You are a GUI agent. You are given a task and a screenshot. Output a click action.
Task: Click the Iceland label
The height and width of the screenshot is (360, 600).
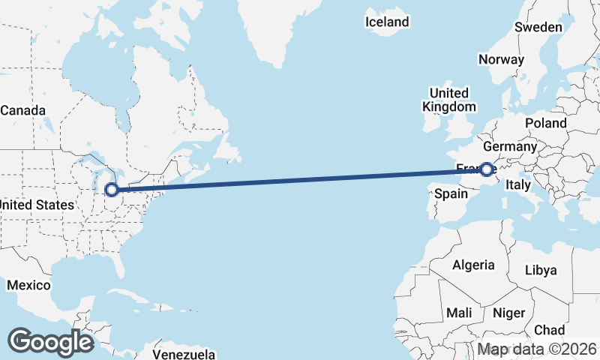387,22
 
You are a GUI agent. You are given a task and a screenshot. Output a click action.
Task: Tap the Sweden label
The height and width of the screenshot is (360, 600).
538,27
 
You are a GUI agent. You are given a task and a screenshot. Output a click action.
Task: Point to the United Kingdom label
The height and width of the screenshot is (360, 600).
448,100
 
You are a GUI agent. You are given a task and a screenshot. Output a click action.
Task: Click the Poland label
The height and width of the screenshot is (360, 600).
546,122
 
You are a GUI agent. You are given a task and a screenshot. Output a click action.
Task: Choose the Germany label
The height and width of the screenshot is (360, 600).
510,146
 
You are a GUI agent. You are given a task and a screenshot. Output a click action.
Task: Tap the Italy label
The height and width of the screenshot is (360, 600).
518,184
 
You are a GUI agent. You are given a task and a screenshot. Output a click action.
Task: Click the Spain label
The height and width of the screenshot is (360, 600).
451,194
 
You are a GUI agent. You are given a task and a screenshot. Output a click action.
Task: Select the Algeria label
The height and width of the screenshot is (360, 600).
473,265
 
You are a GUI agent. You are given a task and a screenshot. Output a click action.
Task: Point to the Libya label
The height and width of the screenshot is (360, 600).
541,270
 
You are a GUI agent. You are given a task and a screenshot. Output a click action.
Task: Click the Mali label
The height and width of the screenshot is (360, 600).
458,312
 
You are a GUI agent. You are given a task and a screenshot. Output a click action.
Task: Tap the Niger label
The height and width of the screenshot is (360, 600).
510,313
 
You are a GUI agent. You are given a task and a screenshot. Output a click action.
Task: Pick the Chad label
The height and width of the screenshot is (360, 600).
549,330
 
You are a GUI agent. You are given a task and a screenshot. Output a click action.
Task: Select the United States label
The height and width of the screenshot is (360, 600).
36,205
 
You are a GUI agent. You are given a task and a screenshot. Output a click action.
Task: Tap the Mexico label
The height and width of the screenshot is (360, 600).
28,285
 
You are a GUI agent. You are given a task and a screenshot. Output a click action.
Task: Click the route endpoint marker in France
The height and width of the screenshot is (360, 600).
487,169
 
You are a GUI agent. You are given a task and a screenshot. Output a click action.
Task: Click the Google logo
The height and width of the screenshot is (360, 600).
50,342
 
